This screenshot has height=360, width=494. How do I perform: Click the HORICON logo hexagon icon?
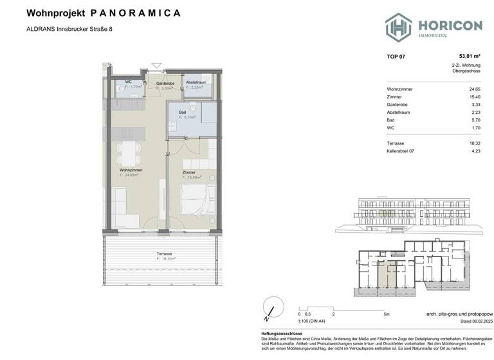(398, 27)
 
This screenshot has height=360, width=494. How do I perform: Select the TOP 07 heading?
(396, 57)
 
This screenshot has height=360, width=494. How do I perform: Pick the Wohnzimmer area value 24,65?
(474, 89)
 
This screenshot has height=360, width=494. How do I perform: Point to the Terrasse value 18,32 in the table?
(474, 143)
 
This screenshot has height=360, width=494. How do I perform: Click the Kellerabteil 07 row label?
(405, 152)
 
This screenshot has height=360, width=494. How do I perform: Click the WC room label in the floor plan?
(128, 82)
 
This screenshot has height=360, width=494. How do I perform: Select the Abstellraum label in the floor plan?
(196, 83)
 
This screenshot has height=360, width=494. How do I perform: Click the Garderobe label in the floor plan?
(165, 84)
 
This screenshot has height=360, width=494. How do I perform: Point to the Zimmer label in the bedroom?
(188, 172)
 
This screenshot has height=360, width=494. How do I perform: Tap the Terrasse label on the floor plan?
(164, 254)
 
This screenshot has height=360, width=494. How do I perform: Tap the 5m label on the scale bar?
(386, 314)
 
